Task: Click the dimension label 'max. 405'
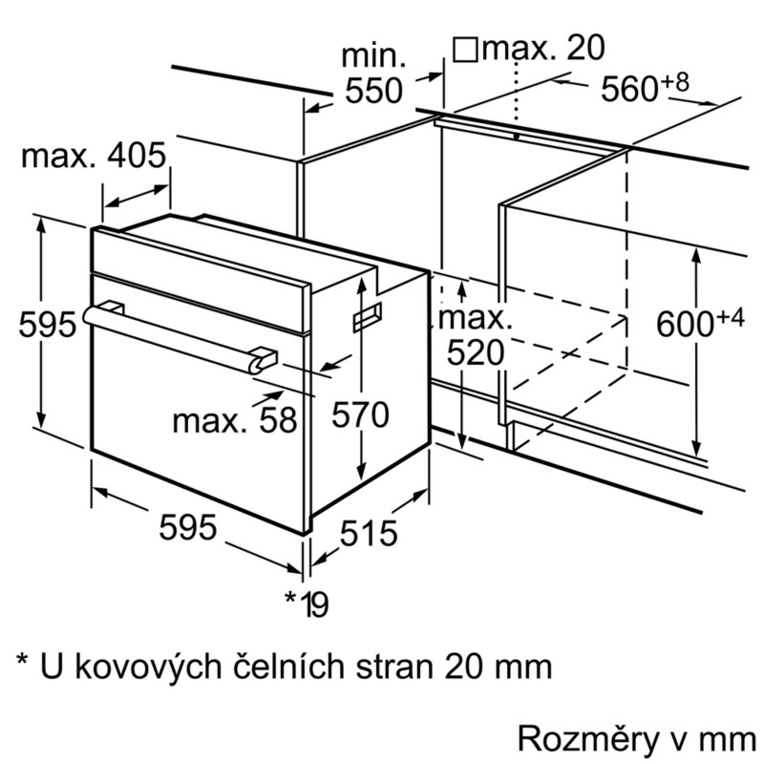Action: [94, 156]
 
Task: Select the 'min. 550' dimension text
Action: [373, 74]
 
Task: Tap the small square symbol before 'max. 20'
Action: [465, 50]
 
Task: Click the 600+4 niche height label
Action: [700, 323]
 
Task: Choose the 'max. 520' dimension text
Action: [475, 335]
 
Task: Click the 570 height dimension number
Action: [360, 415]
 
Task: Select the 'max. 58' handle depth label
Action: [234, 419]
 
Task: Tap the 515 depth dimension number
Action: [369, 533]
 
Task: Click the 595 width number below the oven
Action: [187, 527]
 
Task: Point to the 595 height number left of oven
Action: [47, 324]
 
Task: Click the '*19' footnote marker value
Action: [307, 604]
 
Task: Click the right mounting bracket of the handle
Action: [264, 359]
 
